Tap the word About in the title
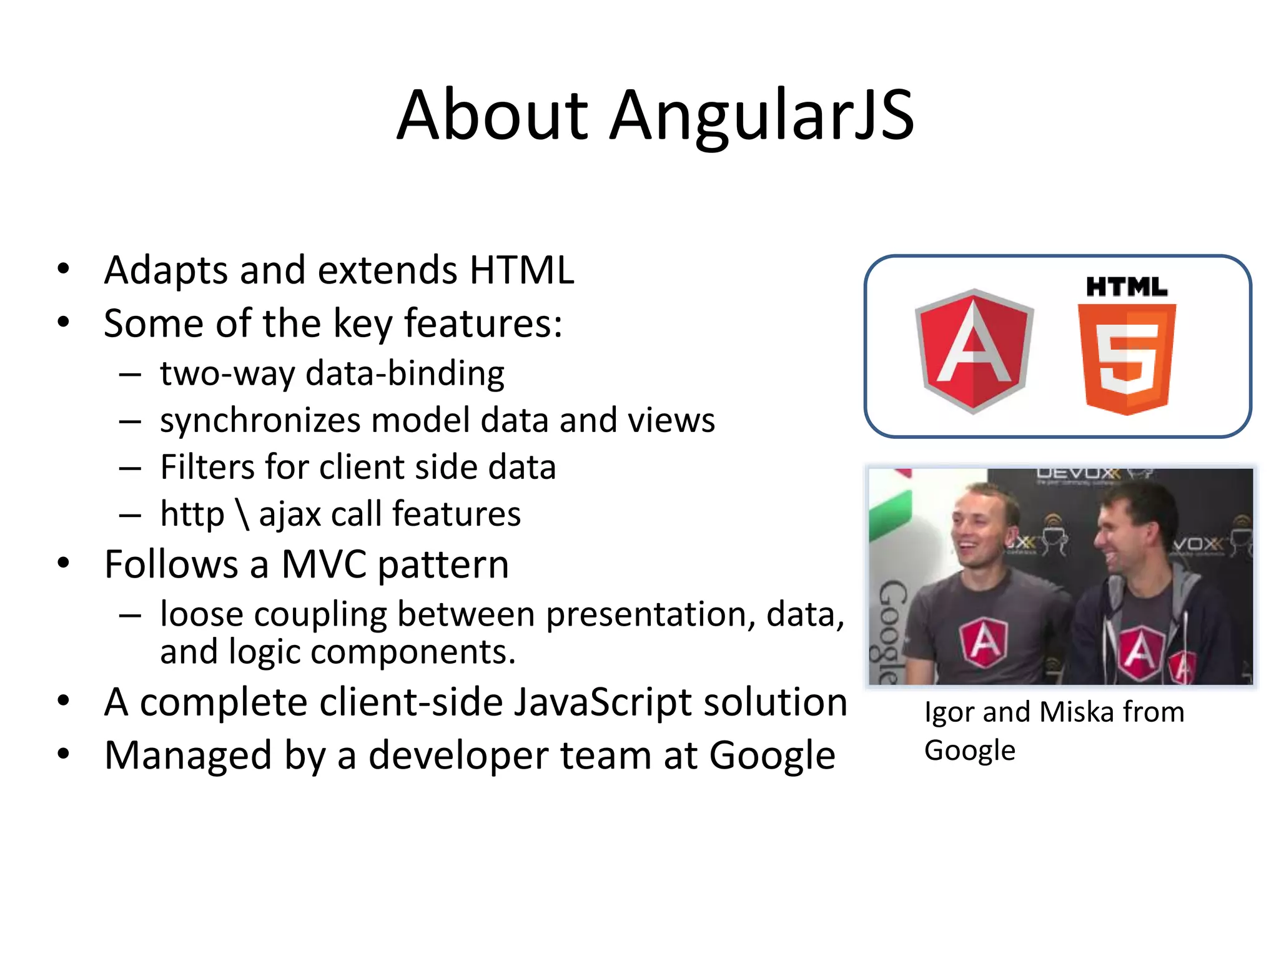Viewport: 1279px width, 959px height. (492, 116)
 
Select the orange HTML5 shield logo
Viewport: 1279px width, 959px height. (1127, 359)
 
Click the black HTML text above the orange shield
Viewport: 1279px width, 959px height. (1127, 287)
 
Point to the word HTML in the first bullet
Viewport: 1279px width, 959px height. (521, 270)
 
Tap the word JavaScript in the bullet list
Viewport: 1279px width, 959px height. (603, 702)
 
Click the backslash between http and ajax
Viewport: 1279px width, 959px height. (242, 514)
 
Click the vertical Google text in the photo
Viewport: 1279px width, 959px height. (891, 631)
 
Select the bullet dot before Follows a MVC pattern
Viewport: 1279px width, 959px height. (63, 564)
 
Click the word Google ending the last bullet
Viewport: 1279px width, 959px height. (772, 756)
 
